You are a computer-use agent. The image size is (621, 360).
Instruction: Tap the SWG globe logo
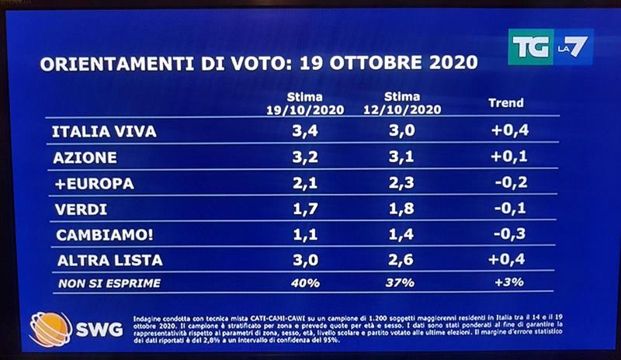click(x=50, y=328)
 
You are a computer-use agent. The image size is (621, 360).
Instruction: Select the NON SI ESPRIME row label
click(x=109, y=283)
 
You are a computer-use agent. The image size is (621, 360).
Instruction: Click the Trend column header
click(x=505, y=102)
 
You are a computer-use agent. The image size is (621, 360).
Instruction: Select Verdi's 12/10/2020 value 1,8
click(x=403, y=209)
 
